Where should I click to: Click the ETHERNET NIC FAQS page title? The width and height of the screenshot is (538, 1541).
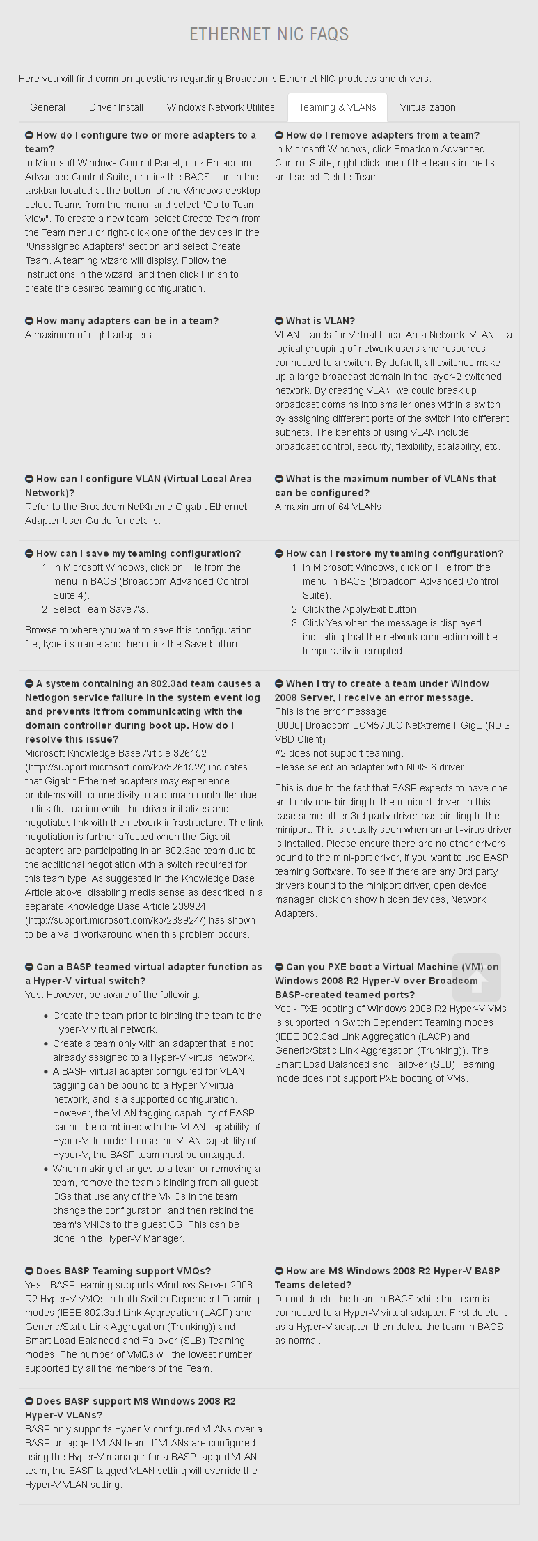[269, 34]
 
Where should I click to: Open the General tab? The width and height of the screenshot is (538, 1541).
[47, 107]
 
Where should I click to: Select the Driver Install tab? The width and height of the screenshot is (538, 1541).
[116, 107]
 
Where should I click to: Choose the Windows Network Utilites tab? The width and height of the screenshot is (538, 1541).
[221, 107]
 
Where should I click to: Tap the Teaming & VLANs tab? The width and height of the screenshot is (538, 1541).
[338, 107]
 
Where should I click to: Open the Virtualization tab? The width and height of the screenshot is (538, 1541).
[427, 107]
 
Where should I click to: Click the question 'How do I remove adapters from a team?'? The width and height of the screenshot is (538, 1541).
[382, 135]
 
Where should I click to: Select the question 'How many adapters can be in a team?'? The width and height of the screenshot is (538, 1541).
[127, 321]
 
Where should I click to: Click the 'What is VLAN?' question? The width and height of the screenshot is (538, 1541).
[320, 321]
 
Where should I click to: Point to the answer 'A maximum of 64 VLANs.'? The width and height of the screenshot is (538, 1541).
[329, 507]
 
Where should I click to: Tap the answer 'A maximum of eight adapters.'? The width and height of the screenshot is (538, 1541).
[90, 335]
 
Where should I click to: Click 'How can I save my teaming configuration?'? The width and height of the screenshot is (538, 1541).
[138, 553]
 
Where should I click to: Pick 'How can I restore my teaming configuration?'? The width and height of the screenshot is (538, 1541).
[394, 553]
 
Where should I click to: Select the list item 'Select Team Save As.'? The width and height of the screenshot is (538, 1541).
[100, 609]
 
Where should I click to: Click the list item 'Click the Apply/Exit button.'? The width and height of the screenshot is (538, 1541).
[361, 609]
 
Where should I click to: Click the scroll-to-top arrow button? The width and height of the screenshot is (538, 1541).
[477, 977]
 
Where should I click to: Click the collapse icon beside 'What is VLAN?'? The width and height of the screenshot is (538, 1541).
[279, 321]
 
